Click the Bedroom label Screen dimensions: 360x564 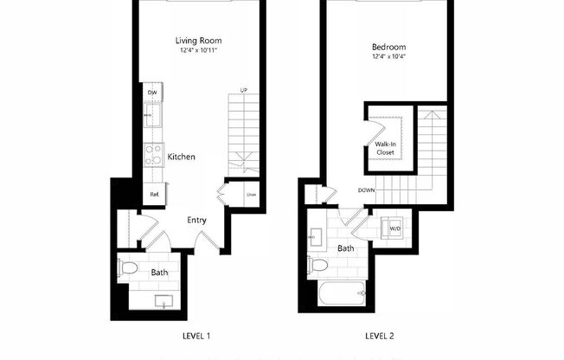click(x=388, y=47)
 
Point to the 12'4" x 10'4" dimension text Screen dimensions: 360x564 click(x=388, y=58)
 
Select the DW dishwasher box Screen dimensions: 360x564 click(x=152, y=92)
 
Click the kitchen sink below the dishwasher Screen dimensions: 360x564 click(x=152, y=116)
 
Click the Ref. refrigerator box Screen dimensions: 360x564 click(x=154, y=195)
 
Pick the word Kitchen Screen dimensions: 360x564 click(x=181, y=157)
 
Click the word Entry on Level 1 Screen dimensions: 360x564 click(x=196, y=220)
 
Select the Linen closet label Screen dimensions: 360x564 click(x=251, y=194)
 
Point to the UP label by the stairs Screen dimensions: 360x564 click(x=244, y=91)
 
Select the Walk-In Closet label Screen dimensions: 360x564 click(x=385, y=148)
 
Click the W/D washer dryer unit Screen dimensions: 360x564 click(x=394, y=228)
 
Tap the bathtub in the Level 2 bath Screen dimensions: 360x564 click(x=343, y=295)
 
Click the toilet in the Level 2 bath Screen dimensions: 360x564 click(x=317, y=265)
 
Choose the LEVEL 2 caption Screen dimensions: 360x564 click(x=380, y=335)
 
